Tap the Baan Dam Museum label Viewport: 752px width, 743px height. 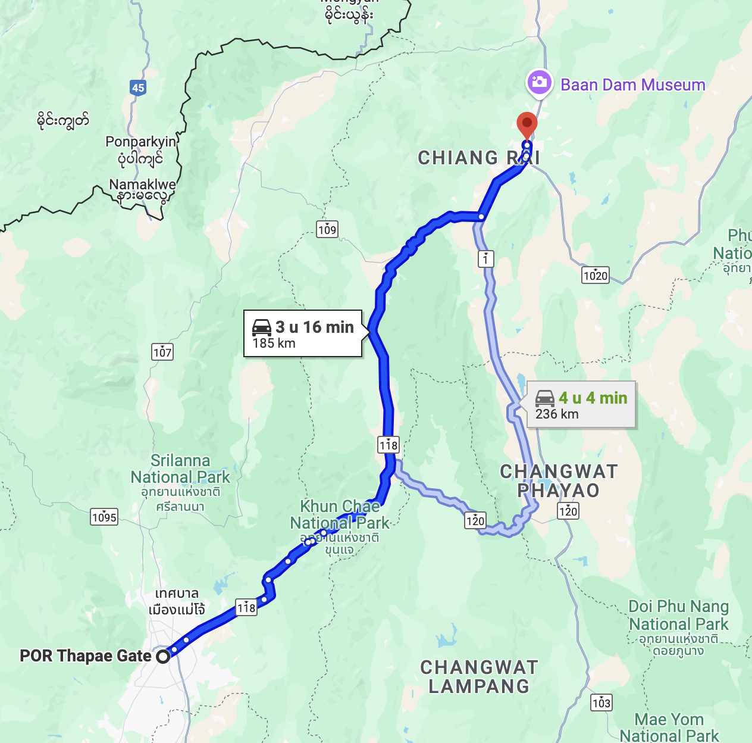(x=632, y=85)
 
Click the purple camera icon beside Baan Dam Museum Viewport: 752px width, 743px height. (x=539, y=82)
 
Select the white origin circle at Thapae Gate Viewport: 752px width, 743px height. (x=162, y=657)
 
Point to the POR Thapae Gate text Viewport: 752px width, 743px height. (x=86, y=656)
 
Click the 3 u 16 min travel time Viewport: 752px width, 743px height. (x=314, y=327)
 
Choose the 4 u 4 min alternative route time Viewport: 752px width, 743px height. (x=593, y=398)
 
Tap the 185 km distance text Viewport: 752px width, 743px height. (x=274, y=344)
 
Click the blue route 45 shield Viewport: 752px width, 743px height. (x=138, y=88)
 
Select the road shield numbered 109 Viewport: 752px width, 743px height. (x=327, y=229)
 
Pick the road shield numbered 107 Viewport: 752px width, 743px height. (x=162, y=352)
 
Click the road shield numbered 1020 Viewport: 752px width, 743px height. (x=595, y=275)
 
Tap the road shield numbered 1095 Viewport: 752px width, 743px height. (x=104, y=517)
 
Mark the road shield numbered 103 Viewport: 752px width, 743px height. (x=601, y=703)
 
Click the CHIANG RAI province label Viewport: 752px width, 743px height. (x=478, y=158)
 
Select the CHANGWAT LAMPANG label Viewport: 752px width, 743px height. (x=479, y=677)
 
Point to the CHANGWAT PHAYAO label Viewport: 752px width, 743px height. (x=559, y=481)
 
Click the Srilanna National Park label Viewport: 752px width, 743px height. (x=180, y=469)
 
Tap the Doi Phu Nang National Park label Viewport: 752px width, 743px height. (x=679, y=616)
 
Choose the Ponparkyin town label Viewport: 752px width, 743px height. (x=141, y=142)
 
